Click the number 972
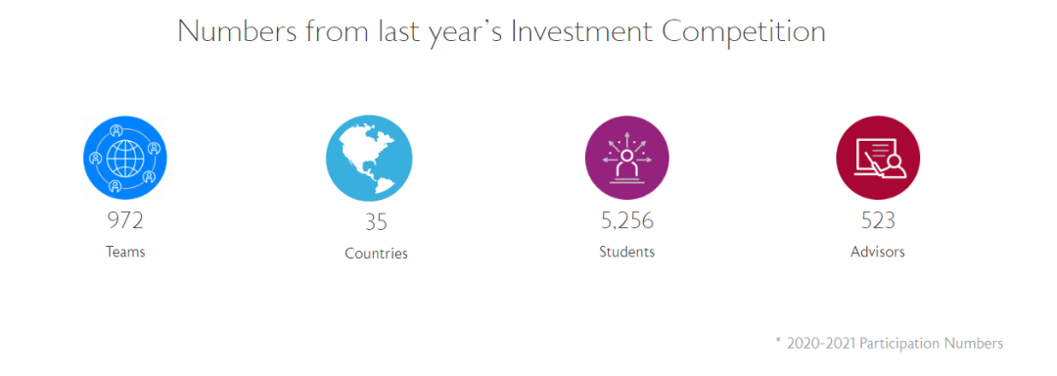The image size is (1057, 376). point(125,220)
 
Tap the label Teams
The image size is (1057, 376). point(125,252)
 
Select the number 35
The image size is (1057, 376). point(376,222)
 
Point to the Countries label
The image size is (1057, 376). point(376,254)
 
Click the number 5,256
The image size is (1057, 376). point(627,220)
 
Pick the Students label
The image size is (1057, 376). point(627,252)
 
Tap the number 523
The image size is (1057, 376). point(878,220)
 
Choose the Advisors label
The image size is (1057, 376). point(878,252)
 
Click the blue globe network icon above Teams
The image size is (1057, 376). point(125,158)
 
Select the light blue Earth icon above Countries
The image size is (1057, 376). point(369,158)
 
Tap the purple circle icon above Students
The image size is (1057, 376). point(627,158)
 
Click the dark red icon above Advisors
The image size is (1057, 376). point(878,158)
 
